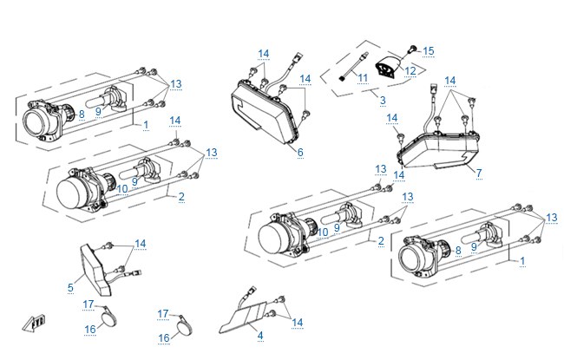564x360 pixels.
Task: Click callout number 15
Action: [x=428, y=51]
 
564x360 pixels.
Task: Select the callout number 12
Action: [x=410, y=71]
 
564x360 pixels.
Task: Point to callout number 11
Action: [x=363, y=78]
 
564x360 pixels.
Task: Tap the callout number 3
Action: [x=383, y=100]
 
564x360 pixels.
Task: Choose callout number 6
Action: [x=300, y=153]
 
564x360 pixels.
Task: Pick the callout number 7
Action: [x=479, y=173]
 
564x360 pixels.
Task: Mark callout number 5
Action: [x=70, y=287]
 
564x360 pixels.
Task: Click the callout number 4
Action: [x=260, y=336]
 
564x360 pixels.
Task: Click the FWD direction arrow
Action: [x=34, y=322]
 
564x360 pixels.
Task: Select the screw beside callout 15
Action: [x=412, y=49]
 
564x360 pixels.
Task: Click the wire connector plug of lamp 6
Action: [x=298, y=59]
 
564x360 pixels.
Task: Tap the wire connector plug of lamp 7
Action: [x=434, y=88]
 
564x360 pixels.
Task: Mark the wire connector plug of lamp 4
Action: [x=252, y=291]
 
